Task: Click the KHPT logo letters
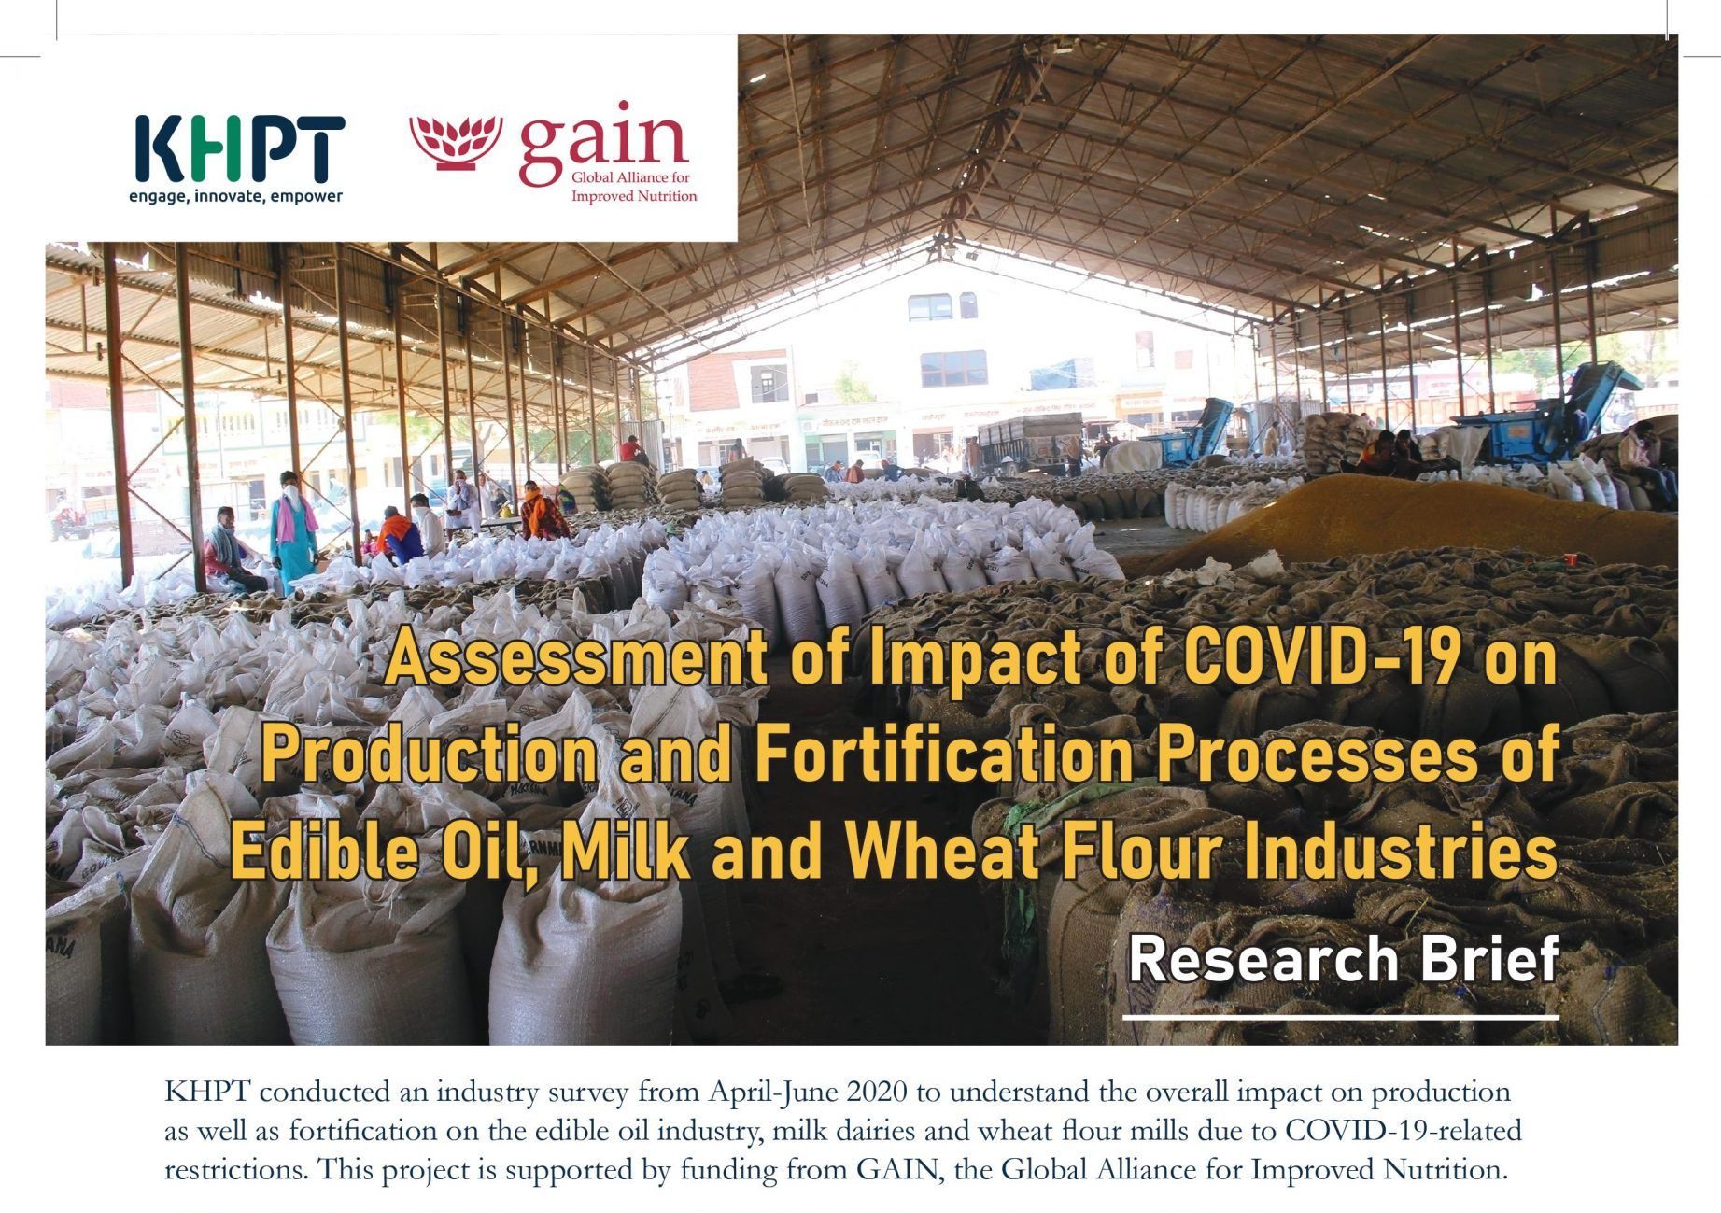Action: point(240,149)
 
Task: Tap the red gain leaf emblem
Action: point(456,142)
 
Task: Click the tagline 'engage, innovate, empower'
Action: point(235,196)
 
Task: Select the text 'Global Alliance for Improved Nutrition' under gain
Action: point(634,187)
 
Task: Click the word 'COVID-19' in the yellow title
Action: point(1319,657)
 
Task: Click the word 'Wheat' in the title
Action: point(942,851)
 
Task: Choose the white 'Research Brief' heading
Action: point(1344,959)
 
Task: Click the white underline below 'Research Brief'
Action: point(1341,1016)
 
